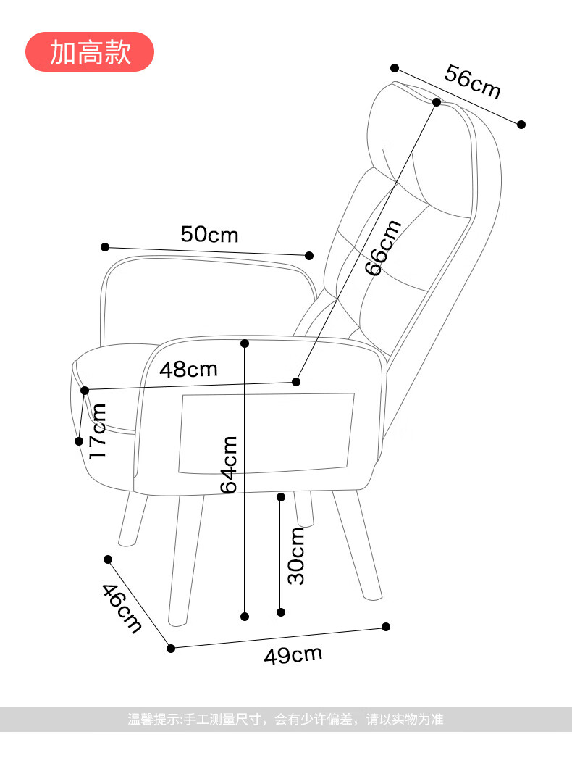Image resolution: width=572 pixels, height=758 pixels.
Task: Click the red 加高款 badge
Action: (89, 51)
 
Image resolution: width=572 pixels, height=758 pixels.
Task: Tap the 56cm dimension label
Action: (472, 82)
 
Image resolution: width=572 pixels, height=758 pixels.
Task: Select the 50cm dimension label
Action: (210, 235)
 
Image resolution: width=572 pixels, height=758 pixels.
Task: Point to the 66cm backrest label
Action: (382, 248)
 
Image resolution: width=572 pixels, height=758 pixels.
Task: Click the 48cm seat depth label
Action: (188, 370)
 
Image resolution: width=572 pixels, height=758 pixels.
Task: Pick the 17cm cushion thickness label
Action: (98, 430)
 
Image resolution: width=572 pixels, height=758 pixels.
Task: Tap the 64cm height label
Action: (229, 465)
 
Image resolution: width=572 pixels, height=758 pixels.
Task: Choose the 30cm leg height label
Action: (295, 556)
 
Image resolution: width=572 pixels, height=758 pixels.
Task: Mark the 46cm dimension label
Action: (122, 608)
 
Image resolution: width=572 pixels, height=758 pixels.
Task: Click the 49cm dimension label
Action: (293, 654)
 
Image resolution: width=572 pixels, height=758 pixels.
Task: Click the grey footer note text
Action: (285, 720)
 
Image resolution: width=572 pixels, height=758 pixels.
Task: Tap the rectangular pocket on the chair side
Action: (266, 433)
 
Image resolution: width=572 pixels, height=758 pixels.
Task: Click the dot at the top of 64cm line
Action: (245, 343)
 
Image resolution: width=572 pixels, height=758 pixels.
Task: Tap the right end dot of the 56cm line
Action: (521, 124)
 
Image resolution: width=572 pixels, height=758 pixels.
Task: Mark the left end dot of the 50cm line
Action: (105, 247)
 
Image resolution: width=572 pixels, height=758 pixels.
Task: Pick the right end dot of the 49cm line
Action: (385, 627)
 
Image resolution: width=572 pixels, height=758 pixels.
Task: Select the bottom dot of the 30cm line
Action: (281, 612)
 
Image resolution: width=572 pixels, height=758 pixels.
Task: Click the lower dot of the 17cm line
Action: (79, 441)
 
